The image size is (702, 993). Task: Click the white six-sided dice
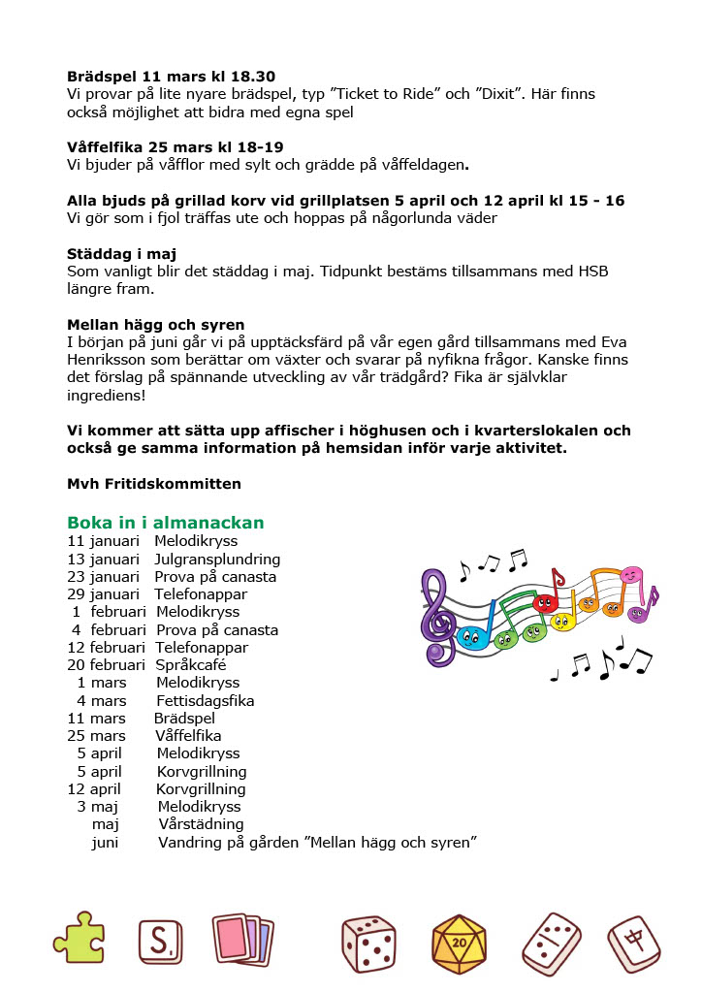coord(368,943)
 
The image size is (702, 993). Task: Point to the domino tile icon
coord(552,943)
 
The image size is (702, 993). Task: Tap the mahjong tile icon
coord(635,943)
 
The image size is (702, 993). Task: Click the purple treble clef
coord(438,616)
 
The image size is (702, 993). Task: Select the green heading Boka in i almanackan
coord(166,523)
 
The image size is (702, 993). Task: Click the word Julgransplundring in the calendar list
coord(217,560)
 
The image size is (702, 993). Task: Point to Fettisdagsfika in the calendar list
coord(205,700)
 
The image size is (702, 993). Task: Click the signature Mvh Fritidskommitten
coord(154,483)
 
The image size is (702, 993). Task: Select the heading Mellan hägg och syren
coord(156,324)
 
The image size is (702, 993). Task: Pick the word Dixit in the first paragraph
coord(496,94)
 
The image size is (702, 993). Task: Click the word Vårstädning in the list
coord(201,824)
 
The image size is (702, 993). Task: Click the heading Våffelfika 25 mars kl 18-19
coord(175,147)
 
